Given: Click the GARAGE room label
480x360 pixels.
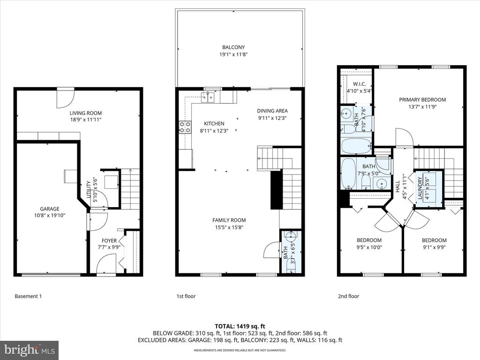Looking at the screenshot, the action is click(50, 209).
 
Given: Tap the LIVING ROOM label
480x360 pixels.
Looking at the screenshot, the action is click(86, 113).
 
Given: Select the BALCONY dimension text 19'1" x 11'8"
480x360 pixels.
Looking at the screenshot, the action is click(233, 55).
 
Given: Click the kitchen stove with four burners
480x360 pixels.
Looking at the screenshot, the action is click(185, 127).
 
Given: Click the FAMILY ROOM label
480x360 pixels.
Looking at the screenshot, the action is click(229, 220).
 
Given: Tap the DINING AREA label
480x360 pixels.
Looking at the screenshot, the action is click(272, 111).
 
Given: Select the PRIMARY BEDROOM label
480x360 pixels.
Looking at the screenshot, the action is click(422, 99).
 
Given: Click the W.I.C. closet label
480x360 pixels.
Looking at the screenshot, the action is click(360, 84).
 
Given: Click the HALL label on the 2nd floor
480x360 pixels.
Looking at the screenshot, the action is click(397, 187).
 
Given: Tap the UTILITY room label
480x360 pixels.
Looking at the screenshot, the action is click(89, 189).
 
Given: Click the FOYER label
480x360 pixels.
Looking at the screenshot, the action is click(109, 240).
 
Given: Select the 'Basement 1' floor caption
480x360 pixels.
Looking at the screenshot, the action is click(28, 296).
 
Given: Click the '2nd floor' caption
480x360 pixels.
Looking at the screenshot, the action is click(349, 296).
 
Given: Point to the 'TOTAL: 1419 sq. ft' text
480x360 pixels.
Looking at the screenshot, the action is click(240, 326).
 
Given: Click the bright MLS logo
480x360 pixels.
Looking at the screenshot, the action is click(30, 350).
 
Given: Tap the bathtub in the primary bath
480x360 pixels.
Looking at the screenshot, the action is click(356, 146).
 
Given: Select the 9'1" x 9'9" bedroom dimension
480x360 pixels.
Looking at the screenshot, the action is click(434, 247).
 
